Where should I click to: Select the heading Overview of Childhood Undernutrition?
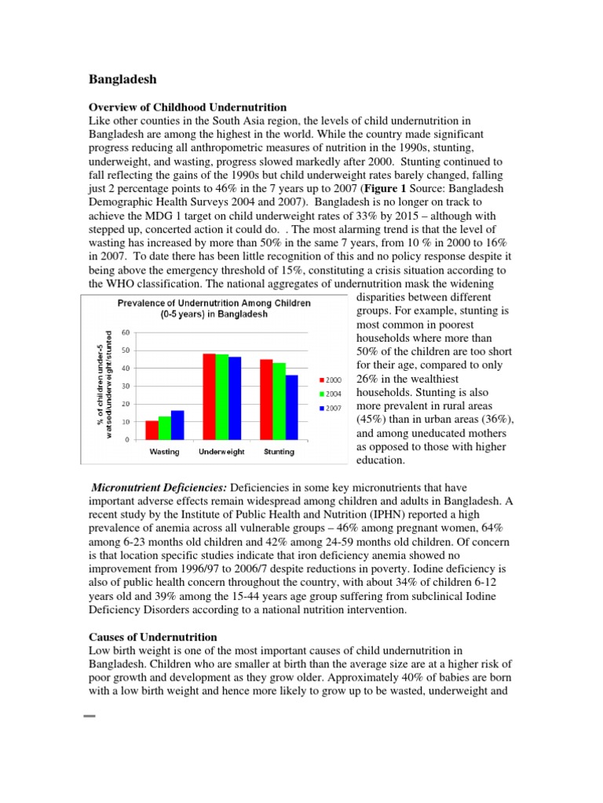[186, 107]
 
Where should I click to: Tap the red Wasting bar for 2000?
[152, 431]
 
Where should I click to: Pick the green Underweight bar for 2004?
[222, 397]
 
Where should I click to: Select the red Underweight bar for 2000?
[210, 396]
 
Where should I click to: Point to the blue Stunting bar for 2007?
[292, 407]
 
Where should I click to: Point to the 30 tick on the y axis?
[126, 386]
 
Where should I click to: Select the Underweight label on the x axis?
[222, 452]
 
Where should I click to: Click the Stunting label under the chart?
[280, 452]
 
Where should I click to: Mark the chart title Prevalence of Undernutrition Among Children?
[214, 308]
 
